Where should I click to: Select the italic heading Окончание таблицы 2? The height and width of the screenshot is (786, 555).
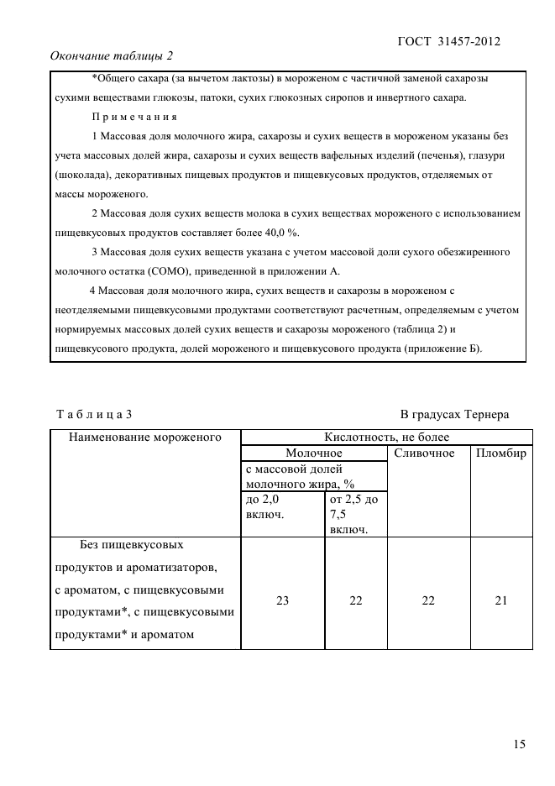click(112, 56)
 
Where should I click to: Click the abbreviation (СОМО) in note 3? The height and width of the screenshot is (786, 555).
click(172, 270)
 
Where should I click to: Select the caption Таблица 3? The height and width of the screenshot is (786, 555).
click(93, 414)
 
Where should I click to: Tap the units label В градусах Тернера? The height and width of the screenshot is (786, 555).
click(454, 414)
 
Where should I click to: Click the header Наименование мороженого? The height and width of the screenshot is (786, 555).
click(144, 437)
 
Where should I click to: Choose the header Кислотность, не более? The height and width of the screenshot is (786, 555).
click(386, 437)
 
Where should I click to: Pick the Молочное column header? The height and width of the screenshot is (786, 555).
click(314, 453)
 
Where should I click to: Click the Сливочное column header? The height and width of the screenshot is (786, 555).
click(424, 453)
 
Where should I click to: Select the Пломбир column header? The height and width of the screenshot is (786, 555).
click(500, 453)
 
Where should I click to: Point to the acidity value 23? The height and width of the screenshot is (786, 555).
click(282, 600)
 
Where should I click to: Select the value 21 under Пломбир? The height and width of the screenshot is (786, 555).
click(500, 600)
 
